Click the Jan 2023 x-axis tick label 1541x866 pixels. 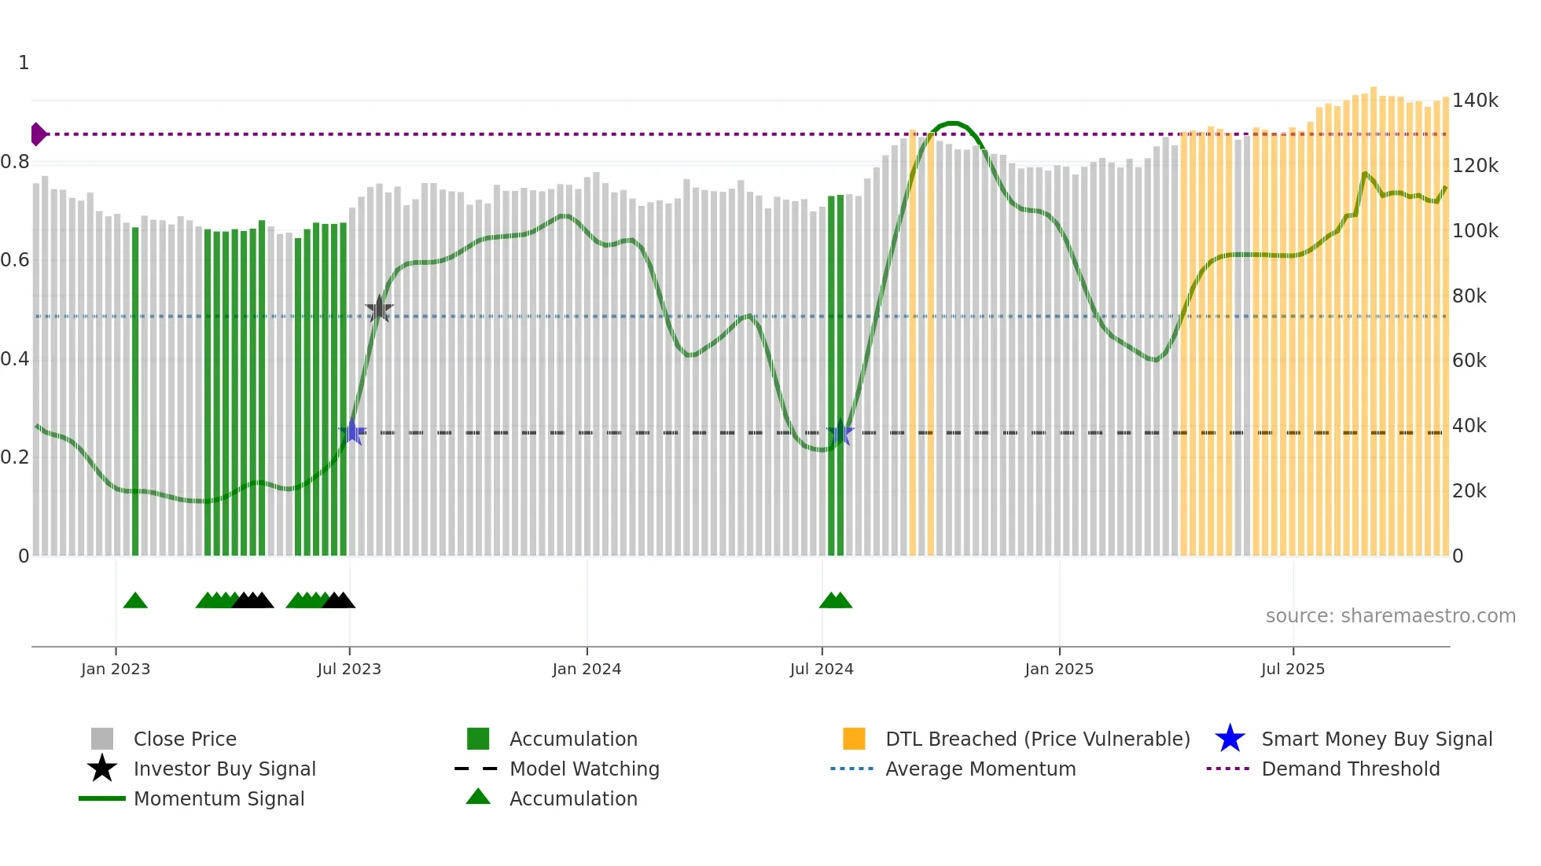pos(116,669)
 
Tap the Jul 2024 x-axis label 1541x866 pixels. pos(822,669)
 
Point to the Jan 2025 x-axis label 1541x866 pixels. pos(1059,669)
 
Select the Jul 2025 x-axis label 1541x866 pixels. pos(1293,669)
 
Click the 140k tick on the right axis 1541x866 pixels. pos(1475,101)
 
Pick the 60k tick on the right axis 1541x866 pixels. pos(1469,361)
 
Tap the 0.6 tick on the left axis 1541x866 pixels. pos(15,260)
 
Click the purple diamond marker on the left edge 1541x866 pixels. pos(38,134)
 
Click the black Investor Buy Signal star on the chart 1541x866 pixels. pos(379,310)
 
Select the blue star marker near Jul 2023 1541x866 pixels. pos(352,431)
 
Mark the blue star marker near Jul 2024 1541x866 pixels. pos(840,431)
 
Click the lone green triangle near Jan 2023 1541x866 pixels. pos(135,601)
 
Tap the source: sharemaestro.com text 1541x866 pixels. pos(1390,616)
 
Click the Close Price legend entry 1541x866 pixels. pos(185,739)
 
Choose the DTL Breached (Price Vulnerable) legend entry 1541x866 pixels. pos(1037,739)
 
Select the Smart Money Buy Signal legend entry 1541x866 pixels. pos(1377,739)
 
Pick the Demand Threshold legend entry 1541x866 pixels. pos(1350,769)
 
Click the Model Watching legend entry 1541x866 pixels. pos(584,769)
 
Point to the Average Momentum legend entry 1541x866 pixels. pos(980,769)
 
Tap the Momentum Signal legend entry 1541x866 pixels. pos(219,798)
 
